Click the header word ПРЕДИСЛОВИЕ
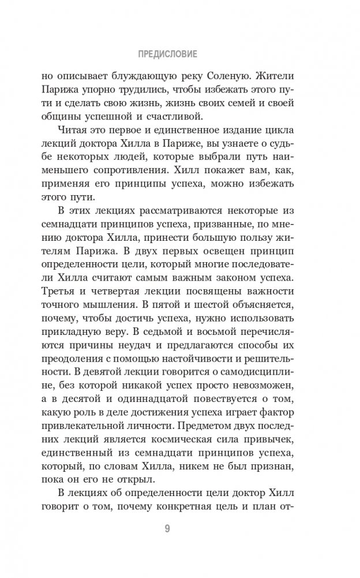[168, 55]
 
